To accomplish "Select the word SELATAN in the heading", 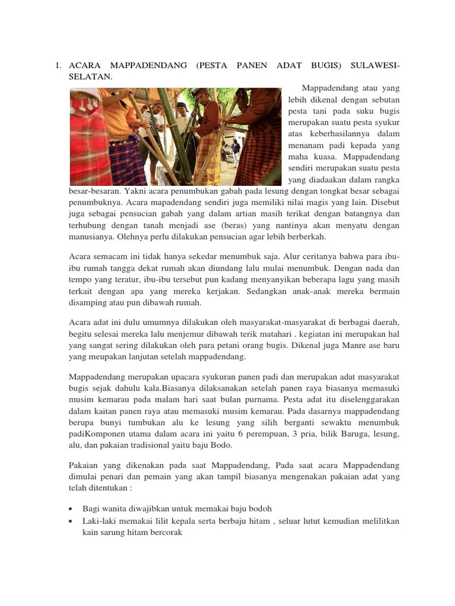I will pyautogui.click(x=89, y=77).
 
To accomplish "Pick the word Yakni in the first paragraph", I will pyautogui.click(x=136, y=192).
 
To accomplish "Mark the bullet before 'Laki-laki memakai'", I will pyautogui.click(x=71, y=521).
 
